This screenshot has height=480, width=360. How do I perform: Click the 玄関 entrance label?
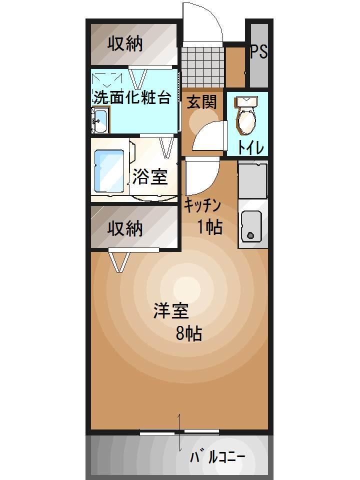(202, 102)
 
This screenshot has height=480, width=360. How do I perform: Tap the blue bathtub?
(110, 170)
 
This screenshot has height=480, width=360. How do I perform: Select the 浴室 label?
(149, 176)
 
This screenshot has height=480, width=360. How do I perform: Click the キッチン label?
(202, 205)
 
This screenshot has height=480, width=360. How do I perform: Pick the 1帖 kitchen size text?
(209, 227)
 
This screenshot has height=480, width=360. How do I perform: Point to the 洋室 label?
(170, 311)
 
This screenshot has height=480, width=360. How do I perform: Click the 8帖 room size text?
(189, 333)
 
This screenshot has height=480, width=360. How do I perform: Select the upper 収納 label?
(125, 44)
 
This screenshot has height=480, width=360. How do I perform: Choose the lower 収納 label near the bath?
(125, 228)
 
